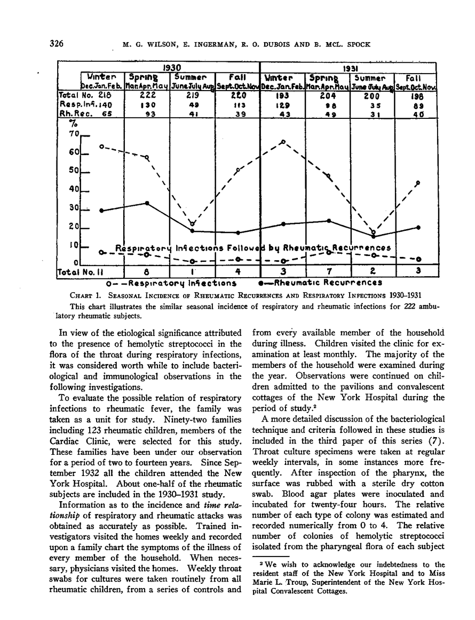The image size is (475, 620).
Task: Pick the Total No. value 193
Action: (x=282, y=95)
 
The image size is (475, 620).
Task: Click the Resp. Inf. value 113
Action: (x=236, y=105)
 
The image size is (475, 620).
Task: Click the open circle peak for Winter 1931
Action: (x=283, y=142)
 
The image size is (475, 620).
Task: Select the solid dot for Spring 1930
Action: (x=147, y=203)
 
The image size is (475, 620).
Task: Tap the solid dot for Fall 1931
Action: (x=418, y=227)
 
